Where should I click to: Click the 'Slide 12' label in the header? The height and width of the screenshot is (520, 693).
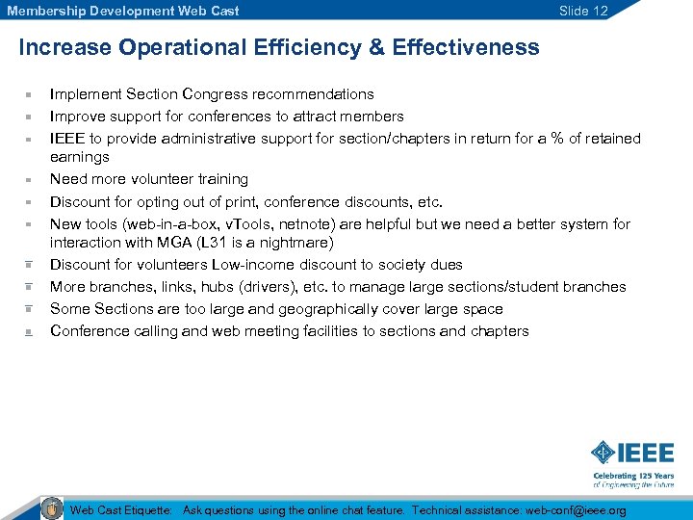click(583, 11)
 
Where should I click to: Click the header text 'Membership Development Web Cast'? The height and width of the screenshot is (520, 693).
click(123, 11)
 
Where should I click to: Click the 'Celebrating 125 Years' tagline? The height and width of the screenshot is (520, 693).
click(633, 476)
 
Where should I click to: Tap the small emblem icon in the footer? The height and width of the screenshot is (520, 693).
click(52, 508)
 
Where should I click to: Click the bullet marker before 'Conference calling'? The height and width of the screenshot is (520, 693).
click(30, 332)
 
